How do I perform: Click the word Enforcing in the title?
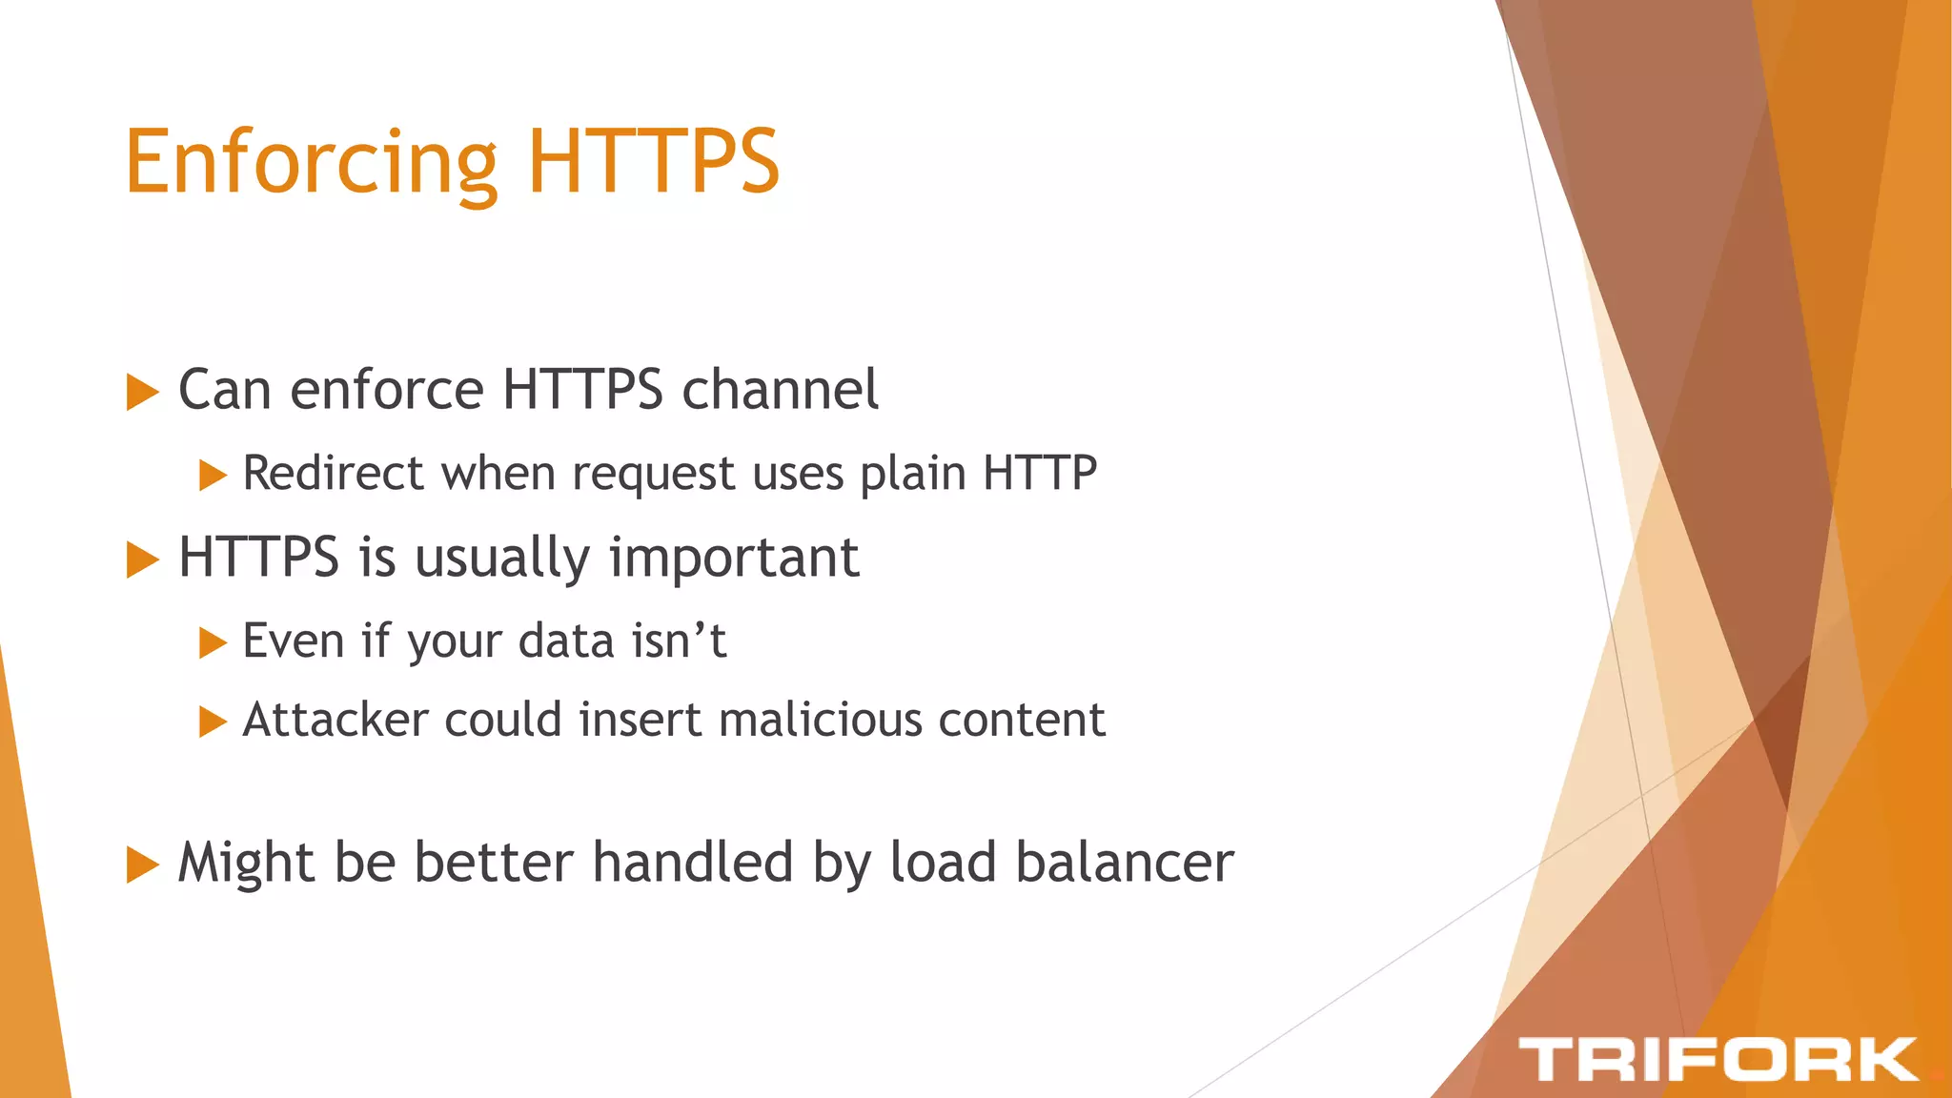[x=311, y=162]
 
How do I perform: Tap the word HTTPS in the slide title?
[x=653, y=162]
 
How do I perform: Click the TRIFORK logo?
[x=1718, y=1060]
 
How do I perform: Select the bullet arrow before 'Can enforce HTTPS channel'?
[x=142, y=392]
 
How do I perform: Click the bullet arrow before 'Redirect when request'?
[x=213, y=475]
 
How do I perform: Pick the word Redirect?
[x=333, y=473]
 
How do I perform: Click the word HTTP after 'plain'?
[x=1040, y=473]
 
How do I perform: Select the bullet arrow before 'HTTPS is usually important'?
[x=142, y=559]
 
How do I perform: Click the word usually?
[x=502, y=559]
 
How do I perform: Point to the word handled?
[x=693, y=863]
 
